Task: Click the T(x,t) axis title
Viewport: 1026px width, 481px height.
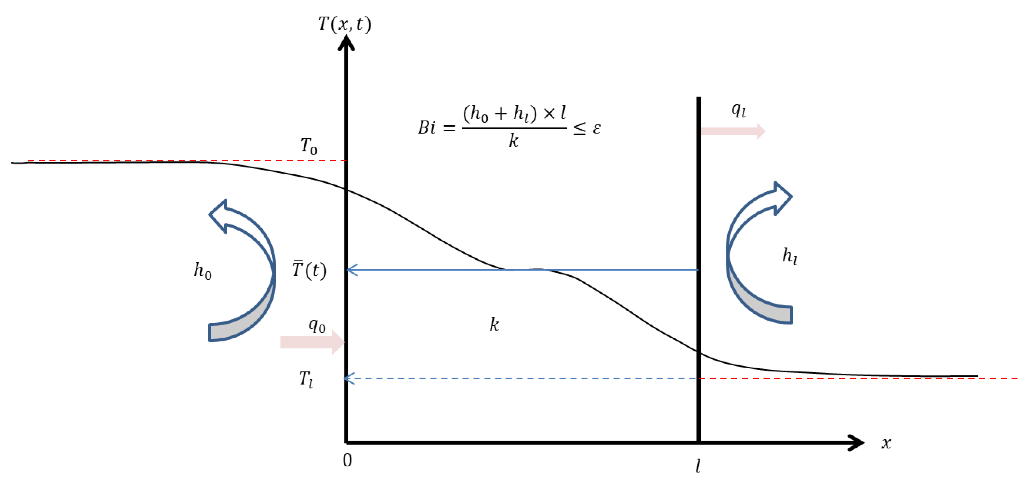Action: pos(345,24)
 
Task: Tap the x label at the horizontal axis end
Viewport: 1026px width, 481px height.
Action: pos(886,443)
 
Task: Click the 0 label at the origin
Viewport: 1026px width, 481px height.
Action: pos(347,460)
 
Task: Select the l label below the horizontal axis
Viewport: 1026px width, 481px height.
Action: pos(698,465)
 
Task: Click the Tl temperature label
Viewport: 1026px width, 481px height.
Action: pos(306,379)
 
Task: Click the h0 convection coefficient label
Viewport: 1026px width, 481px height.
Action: pos(202,271)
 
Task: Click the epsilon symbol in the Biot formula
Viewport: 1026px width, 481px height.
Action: pos(596,128)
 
